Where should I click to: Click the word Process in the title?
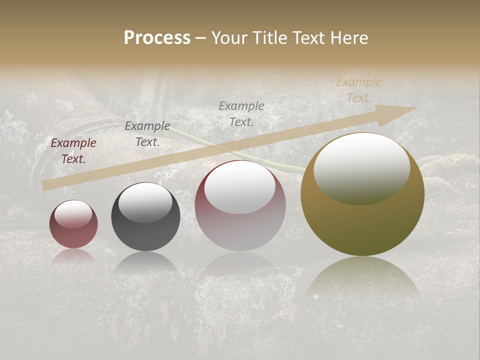click(x=157, y=38)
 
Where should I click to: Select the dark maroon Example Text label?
click(x=73, y=150)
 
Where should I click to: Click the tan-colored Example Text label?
click(x=358, y=90)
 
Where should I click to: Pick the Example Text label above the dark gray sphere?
click(x=147, y=134)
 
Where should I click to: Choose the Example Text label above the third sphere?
click(x=241, y=113)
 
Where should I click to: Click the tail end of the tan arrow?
click(x=45, y=185)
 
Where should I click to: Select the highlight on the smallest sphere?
click(x=73, y=214)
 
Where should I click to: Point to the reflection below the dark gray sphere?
click(x=145, y=262)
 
